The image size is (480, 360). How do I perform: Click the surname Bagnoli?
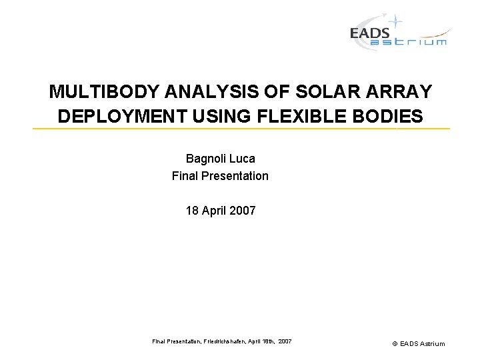(205, 159)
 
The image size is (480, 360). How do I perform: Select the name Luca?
(242, 159)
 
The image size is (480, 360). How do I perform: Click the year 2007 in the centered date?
(241, 211)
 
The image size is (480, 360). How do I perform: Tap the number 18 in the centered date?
(192, 211)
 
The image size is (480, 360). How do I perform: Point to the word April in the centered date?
(213, 211)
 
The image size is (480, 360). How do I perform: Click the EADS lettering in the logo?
(370, 33)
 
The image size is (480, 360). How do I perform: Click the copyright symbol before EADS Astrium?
(395, 343)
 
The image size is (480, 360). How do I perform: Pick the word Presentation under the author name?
(237, 176)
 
